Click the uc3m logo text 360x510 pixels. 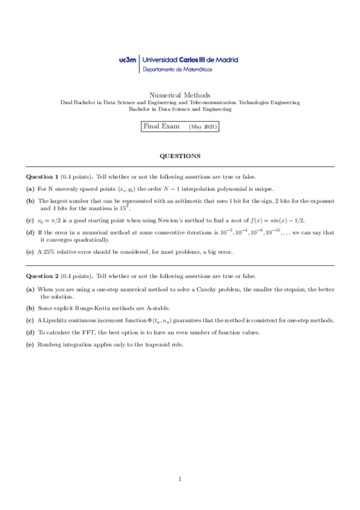pos(128,60)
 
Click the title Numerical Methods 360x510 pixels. pos(179,94)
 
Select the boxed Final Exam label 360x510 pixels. pos(157,127)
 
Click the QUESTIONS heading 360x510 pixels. pos(180,156)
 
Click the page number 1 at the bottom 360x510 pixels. pos(180,479)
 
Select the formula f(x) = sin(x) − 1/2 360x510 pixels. pos(276,220)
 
